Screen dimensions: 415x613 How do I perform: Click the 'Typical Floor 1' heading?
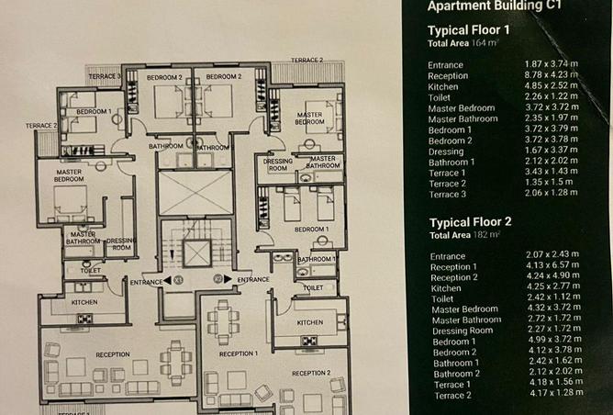[468, 29]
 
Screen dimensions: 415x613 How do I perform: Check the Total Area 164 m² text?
[459, 43]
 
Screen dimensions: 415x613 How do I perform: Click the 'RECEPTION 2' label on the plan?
[309, 373]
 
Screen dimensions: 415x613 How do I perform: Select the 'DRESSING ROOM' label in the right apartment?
[277, 165]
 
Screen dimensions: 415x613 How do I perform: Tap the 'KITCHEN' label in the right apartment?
[309, 322]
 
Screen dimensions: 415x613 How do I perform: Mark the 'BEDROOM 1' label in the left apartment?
[93, 111]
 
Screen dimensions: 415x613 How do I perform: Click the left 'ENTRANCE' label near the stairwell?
[147, 281]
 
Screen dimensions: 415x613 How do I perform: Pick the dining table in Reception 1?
[223, 322]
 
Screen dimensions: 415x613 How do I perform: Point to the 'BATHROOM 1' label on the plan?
[315, 260]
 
